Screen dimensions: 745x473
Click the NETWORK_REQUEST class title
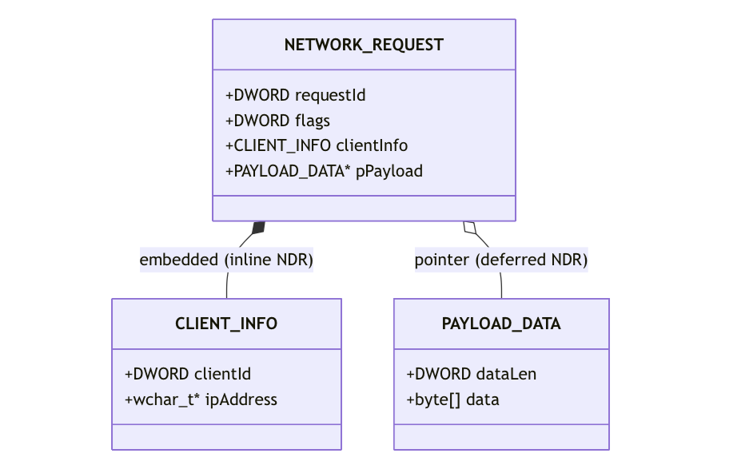click(364, 45)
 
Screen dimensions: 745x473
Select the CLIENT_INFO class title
click(226, 324)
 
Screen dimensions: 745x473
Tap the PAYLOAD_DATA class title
click(501, 324)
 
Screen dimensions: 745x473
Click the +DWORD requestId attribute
click(295, 95)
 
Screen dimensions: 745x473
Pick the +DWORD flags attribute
click(277, 121)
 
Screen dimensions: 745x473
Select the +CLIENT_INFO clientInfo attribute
click(317, 145)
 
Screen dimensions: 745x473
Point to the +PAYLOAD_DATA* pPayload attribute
click(324, 171)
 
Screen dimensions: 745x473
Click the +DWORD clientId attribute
click(188, 374)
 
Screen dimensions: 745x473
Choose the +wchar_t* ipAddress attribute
click(201, 399)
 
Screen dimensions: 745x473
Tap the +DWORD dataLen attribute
click(472, 374)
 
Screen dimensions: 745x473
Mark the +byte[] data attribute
click(452, 399)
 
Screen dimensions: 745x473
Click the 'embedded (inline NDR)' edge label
click(226, 260)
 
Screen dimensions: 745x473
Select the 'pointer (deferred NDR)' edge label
click(501, 260)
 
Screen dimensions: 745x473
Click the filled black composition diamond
click(258, 228)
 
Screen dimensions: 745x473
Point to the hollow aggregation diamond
click(470, 228)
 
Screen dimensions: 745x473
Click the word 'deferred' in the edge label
click(511, 260)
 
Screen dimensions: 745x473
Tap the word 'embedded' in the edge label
click(179, 260)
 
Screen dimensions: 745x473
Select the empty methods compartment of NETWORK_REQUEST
click(364, 209)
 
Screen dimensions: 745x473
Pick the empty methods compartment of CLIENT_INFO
click(227, 437)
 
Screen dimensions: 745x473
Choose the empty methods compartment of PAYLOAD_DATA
click(501, 437)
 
